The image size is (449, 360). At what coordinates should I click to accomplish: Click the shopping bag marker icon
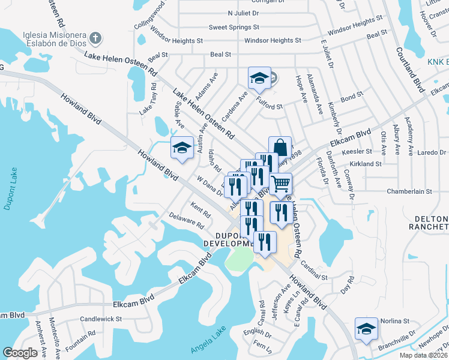click(280, 146)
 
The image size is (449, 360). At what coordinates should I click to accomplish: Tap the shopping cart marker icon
click(280, 183)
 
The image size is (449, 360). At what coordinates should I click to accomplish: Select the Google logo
click(20, 353)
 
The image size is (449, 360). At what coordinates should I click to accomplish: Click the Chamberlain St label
click(410, 191)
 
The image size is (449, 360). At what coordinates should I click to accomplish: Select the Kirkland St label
click(366, 163)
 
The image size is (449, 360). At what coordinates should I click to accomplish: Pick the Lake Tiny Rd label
click(148, 99)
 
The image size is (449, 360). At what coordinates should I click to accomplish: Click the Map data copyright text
click(423, 355)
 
